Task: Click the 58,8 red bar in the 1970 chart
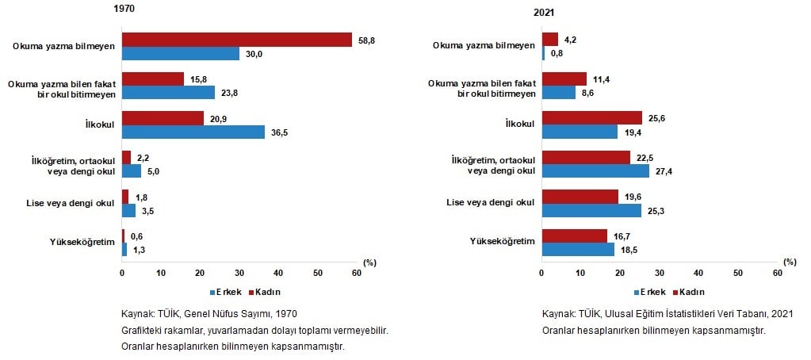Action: point(236,40)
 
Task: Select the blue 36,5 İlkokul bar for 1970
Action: point(193,132)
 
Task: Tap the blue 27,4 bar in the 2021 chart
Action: point(595,171)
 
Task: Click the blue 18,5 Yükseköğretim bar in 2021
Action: point(578,249)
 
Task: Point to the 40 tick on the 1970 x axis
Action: point(278,274)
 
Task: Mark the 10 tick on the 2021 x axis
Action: point(581,274)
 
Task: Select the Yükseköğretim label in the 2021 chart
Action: point(503,241)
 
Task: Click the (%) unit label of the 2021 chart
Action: point(789,261)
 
